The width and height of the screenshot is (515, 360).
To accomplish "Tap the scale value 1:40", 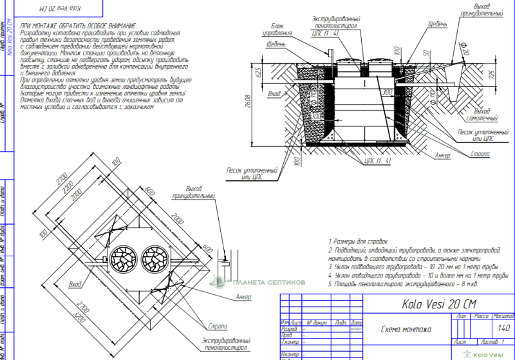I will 503,329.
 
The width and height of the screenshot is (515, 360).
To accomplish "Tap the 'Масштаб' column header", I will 503,317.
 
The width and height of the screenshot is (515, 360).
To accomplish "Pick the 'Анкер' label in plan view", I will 243,296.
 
